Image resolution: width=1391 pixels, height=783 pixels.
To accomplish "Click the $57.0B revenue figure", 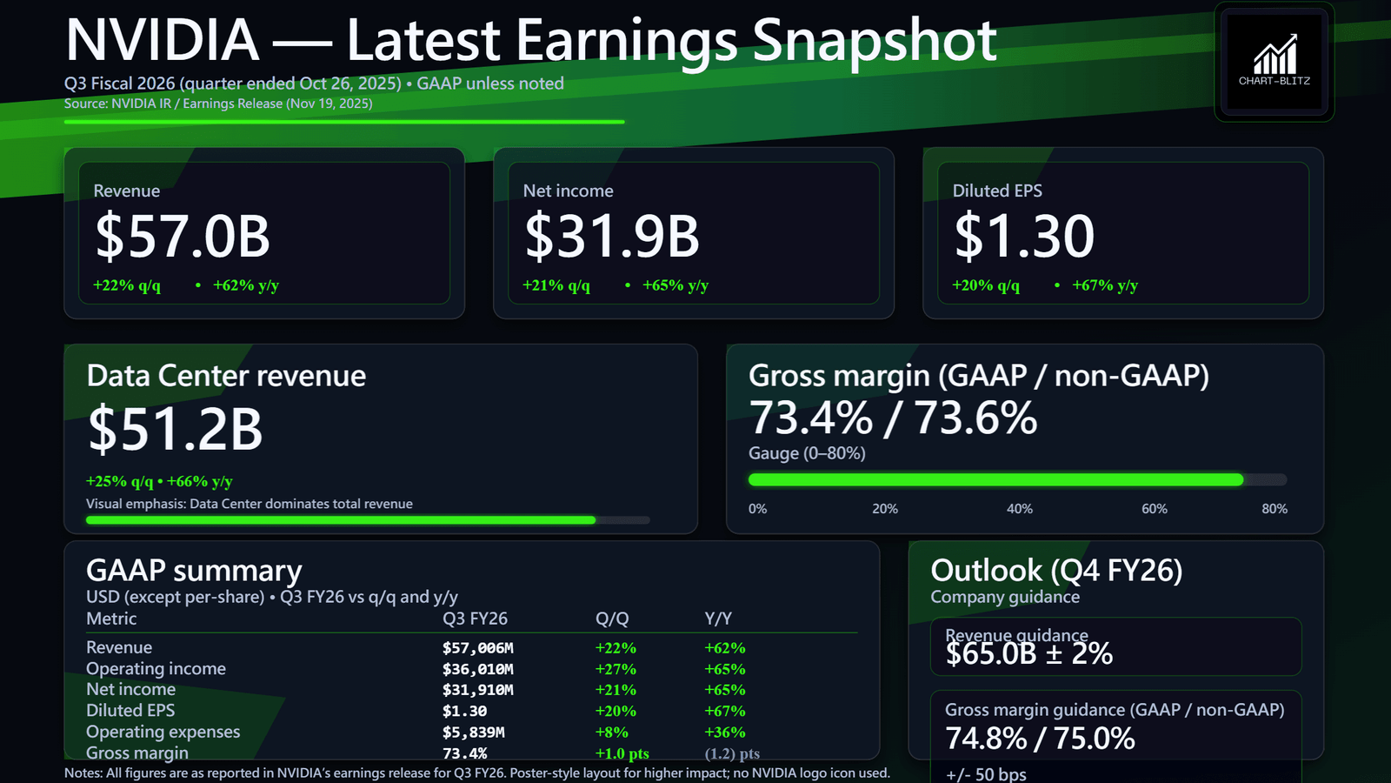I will pos(183,237).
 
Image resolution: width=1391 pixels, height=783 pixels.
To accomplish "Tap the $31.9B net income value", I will pos(612,237).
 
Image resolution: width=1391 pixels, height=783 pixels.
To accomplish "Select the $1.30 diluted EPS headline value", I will pos(1024,237).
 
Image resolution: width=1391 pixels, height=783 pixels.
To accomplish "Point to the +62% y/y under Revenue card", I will pos(245,285).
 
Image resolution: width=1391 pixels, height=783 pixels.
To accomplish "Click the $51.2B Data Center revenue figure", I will pos(175,429).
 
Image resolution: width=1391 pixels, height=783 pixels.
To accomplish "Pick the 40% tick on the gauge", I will pos(1019,509).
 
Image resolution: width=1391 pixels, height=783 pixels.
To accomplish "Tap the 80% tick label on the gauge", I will pos(1274,509).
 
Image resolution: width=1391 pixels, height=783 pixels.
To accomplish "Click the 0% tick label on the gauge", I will pos(758,509).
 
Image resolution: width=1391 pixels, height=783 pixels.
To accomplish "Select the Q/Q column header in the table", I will pos(612,619).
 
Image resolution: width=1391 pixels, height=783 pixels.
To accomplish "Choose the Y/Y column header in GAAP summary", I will pos(718,619).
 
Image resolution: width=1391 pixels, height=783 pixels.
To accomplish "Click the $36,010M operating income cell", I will pos(477,669).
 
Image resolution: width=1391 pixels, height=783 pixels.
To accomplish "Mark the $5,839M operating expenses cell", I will pos(473,733).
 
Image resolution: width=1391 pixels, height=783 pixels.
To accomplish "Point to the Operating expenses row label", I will pos(163,732).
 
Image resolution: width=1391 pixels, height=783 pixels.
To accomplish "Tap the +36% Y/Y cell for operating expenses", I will pos(724,733).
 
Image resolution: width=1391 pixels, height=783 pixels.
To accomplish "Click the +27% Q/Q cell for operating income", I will pos(616,669).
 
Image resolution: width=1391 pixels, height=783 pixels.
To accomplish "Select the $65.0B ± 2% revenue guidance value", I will pos(1029,654).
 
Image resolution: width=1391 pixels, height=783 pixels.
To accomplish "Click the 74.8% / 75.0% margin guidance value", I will pos(1040,739).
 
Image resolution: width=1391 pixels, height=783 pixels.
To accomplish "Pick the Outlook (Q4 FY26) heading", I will pos(1056,571).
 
